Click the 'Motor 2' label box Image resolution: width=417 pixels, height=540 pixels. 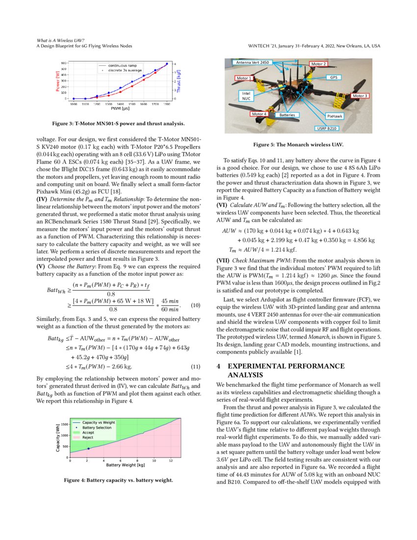point(318,64)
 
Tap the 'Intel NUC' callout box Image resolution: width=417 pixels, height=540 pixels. point(245,95)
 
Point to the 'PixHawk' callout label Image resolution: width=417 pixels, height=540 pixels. point(335,116)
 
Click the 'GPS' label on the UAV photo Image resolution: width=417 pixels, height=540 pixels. point(333,78)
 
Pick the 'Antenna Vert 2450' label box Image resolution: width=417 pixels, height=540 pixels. point(253,63)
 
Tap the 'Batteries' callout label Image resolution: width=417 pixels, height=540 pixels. point(287,114)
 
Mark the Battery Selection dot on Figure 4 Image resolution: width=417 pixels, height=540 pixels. point(88,449)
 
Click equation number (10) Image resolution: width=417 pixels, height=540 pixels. point(195,306)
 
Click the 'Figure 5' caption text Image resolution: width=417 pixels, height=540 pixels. point(298,145)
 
